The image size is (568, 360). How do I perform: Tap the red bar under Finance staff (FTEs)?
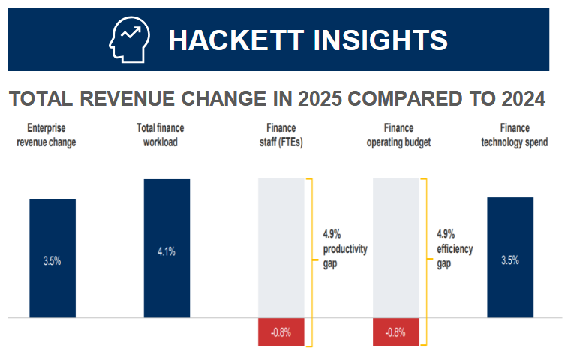[x=281, y=331]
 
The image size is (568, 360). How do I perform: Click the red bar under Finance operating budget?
[x=396, y=331]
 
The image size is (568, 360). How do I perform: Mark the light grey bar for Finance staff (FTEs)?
[x=281, y=247]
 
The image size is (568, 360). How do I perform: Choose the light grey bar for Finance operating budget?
[x=396, y=247]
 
